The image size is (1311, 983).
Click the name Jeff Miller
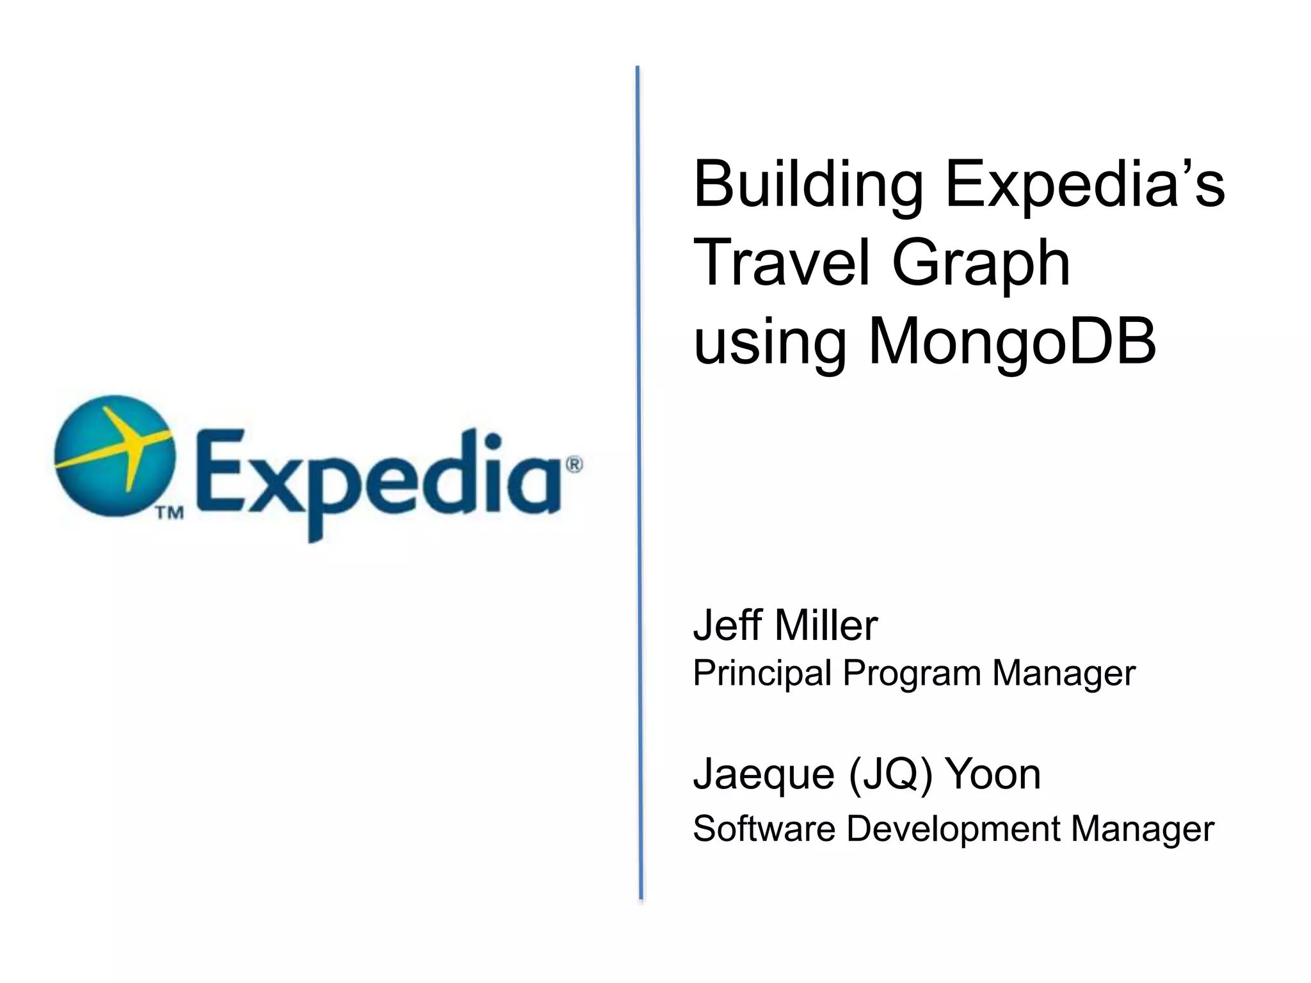tap(785, 625)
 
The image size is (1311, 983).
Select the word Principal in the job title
tap(762, 674)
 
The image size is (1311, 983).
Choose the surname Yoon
tap(993, 774)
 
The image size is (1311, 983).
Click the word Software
tap(764, 829)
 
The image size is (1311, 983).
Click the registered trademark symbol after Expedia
tap(574, 465)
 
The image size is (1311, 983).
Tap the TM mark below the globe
tap(170, 513)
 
